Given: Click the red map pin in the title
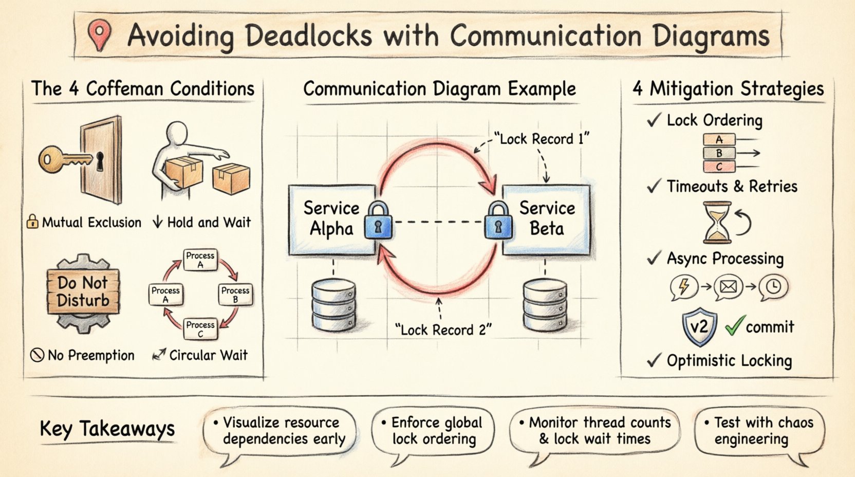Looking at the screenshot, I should coord(99,34).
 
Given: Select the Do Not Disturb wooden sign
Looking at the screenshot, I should coord(83,291).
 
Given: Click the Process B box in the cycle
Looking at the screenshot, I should coord(235,295).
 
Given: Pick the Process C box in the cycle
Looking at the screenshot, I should coord(200,329).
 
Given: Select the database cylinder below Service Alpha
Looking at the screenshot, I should coord(333,305).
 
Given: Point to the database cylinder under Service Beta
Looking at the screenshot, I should coord(545,305).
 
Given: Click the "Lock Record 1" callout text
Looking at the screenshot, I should coord(541,139).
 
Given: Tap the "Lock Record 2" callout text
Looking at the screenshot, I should coord(443,329).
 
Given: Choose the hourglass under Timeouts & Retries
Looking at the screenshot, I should coord(717,222).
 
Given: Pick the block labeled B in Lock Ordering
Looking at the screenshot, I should coord(719,153).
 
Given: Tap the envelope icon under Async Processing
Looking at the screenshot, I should coord(728,286).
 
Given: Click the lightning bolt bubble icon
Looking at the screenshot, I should coord(683,286).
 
